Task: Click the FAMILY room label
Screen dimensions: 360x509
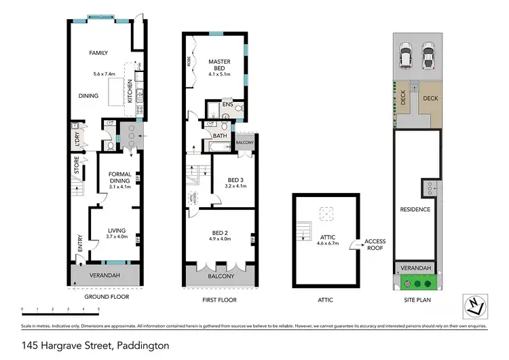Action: [100, 52]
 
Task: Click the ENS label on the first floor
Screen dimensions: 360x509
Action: [227, 105]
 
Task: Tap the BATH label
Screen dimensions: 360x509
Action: [220, 136]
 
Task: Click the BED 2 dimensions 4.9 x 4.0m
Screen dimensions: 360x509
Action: [220, 239]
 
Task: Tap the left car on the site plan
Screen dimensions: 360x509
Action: [406, 56]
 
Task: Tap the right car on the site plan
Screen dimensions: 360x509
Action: [428, 56]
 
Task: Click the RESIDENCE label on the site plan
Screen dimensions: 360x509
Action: [415, 209]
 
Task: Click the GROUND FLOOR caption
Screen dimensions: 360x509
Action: [106, 297]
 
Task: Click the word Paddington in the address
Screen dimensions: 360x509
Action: [143, 346]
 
